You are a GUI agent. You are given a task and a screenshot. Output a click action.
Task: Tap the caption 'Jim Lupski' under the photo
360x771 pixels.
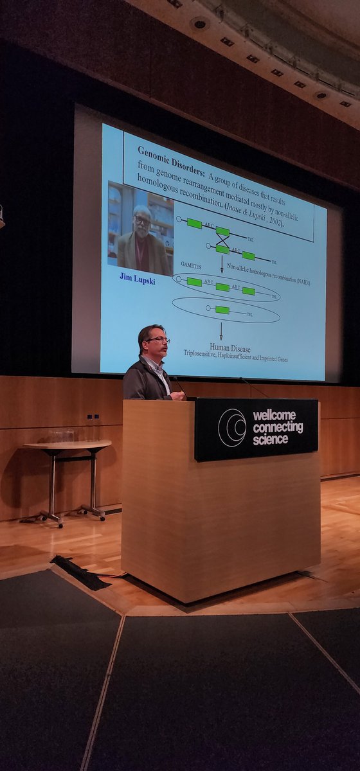point(138,277)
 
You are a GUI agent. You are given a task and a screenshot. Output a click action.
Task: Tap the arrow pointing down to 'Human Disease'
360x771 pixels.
point(221,331)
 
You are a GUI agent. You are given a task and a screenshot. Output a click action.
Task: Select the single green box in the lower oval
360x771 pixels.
point(222,310)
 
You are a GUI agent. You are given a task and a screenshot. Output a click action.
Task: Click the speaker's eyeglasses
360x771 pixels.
point(159,340)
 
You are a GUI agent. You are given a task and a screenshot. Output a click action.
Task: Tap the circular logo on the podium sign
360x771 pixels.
point(232,427)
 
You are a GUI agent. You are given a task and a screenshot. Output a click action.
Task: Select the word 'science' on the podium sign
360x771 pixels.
point(271,439)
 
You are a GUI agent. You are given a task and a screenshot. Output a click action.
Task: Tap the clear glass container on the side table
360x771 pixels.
point(62,436)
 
